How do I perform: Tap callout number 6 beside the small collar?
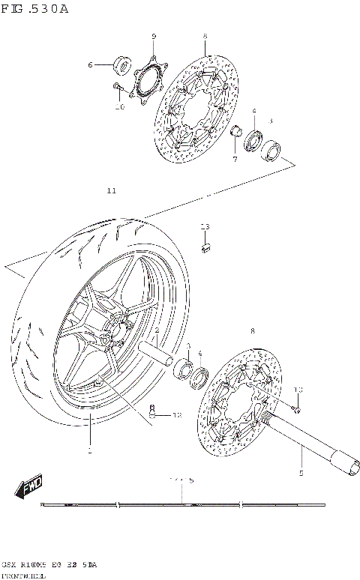(91, 65)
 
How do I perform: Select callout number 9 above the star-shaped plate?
(153, 37)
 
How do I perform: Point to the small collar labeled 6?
(121, 64)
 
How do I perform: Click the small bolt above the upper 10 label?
(118, 88)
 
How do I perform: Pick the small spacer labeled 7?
(234, 133)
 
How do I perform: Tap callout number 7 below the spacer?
(234, 159)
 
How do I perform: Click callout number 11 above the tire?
(111, 191)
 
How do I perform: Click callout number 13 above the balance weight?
(205, 226)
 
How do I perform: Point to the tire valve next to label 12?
(154, 410)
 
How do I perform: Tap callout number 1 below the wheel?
(89, 451)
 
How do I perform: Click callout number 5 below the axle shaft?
(301, 472)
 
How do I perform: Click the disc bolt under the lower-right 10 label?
(295, 408)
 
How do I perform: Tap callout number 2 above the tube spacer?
(157, 330)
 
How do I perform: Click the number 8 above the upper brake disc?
(204, 37)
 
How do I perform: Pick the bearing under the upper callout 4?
(252, 137)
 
